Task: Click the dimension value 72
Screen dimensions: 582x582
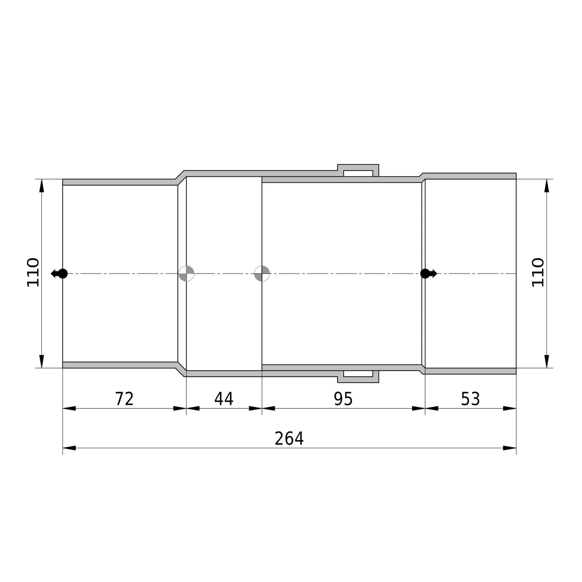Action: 124,399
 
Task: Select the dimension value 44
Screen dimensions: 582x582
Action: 224,399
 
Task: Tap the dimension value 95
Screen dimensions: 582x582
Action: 343,399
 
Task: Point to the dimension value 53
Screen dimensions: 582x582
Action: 470,399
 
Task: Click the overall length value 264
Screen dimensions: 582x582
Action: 289,439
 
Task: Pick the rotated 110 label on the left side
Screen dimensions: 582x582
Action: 33,272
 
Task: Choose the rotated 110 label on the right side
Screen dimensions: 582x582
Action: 538,272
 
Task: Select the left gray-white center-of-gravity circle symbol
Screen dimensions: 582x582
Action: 186,273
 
